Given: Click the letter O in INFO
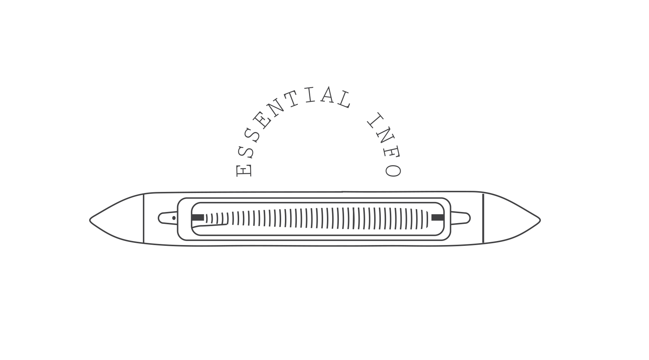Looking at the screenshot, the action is point(393,171).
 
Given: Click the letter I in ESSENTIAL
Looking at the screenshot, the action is point(309,95).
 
